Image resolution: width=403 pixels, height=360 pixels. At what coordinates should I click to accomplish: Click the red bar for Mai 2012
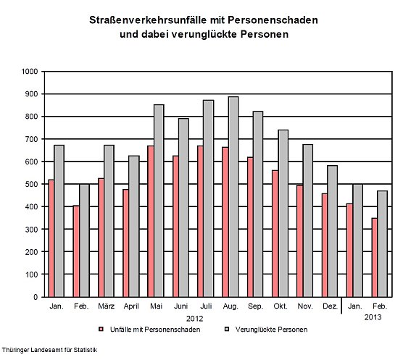tap(151, 221)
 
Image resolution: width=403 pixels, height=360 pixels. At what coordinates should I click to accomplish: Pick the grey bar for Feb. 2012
tap(85, 240)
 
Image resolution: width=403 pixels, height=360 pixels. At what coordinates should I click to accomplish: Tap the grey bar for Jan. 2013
tap(357, 240)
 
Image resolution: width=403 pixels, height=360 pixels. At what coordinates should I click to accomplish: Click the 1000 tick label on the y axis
tap(29, 72)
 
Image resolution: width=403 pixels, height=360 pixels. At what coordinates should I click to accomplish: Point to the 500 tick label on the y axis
tap(31, 184)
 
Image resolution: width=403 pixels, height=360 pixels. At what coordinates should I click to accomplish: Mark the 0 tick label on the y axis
tap(36, 297)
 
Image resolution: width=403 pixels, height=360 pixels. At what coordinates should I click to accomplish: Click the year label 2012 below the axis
tap(194, 318)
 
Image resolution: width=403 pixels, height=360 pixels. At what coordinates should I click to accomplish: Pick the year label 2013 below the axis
tap(373, 318)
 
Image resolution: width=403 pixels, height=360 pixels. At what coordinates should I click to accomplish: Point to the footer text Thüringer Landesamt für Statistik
tap(49, 351)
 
